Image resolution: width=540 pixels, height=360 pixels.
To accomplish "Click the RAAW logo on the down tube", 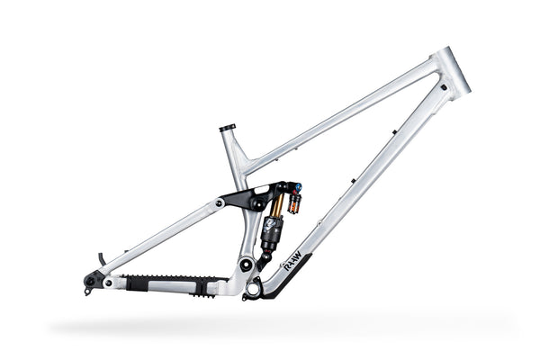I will [x=290, y=265].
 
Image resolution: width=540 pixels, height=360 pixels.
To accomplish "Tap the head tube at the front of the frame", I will [x=450, y=73].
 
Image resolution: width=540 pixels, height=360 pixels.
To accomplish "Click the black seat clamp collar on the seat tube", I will [x=227, y=128].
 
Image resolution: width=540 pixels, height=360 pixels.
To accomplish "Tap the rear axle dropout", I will [x=90, y=281].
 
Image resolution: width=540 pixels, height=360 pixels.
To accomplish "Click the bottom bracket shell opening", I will [x=254, y=289].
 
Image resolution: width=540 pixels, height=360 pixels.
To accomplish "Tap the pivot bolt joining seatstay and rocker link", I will [x=220, y=204].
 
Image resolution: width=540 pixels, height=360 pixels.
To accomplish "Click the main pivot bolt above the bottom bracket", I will [x=246, y=265].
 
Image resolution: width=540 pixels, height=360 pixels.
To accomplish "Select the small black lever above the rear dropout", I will [x=101, y=258].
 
